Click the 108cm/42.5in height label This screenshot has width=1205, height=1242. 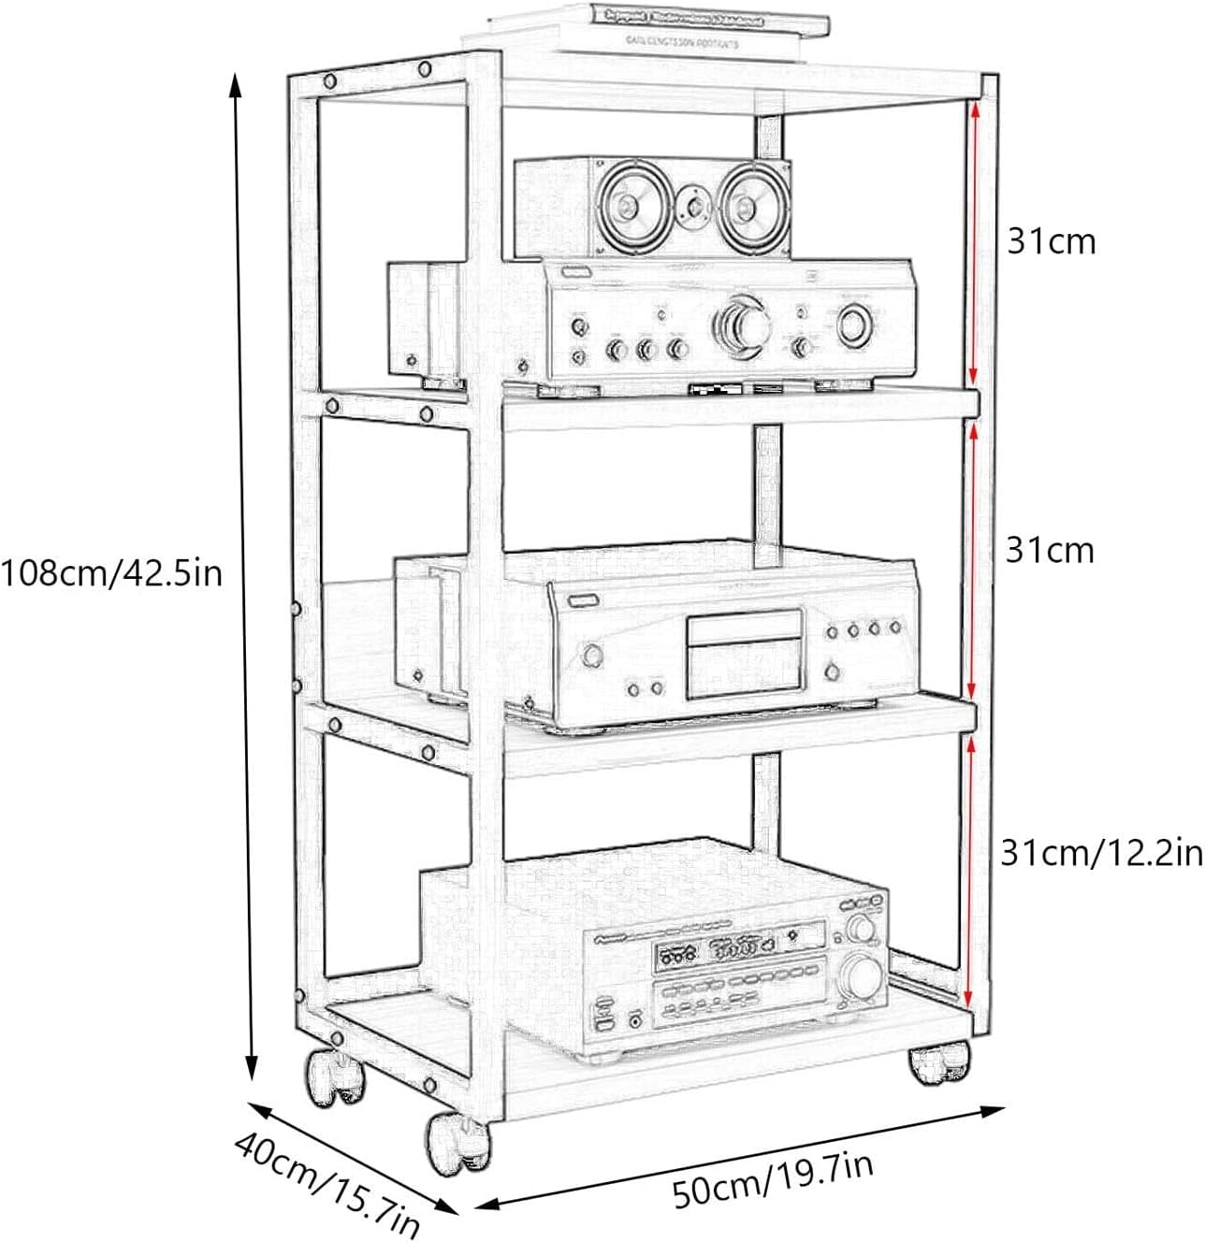pos(112,570)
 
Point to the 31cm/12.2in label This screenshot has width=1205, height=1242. pos(1101,853)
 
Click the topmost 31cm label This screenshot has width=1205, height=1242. pos(1050,241)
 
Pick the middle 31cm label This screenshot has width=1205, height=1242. pos(1050,550)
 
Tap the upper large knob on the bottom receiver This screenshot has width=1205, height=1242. pos(861,929)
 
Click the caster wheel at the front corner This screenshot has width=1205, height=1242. pos(457,1142)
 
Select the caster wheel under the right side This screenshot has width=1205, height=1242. pos(939,1065)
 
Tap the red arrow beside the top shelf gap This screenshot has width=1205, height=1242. pos(974,238)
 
